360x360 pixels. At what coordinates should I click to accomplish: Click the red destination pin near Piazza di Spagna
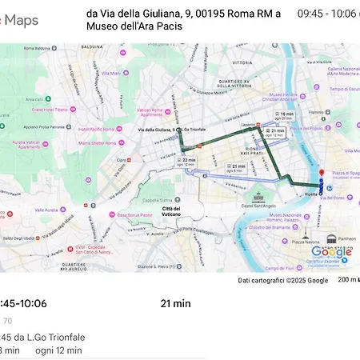click(x=321, y=174)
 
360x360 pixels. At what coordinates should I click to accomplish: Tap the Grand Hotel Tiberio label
click(x=50, y=109)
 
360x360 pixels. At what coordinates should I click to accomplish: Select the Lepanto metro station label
click(x=247, y=124)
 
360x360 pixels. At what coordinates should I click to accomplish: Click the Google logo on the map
click(x=330, y=254)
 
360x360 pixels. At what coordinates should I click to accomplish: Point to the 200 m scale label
click(x=346, y=280)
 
